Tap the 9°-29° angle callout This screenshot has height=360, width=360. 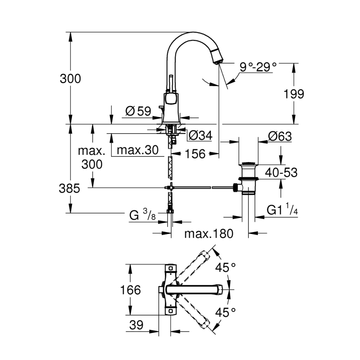point(258,67)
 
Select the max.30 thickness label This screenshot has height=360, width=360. point(135,150)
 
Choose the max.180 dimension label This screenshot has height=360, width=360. point(208,234)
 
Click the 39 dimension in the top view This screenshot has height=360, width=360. point(136,326)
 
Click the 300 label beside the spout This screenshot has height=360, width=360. point(70,79)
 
